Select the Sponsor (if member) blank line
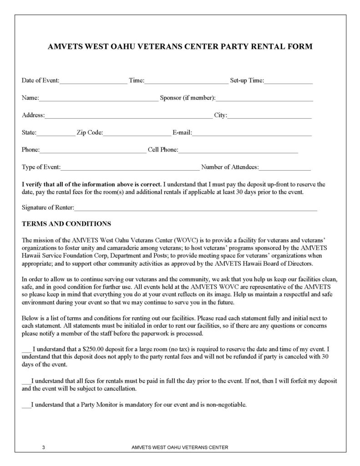[264, 99]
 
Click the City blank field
[269, 116]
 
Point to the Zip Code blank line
[137, 134]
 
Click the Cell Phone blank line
[238, 151]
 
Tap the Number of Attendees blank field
[285, 168]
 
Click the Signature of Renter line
[195, 209]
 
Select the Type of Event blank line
[130, 168]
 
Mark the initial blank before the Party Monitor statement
[26, 405]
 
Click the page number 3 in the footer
[43, 447]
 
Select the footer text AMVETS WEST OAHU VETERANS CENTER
[179, 447]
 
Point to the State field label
[29, 133]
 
